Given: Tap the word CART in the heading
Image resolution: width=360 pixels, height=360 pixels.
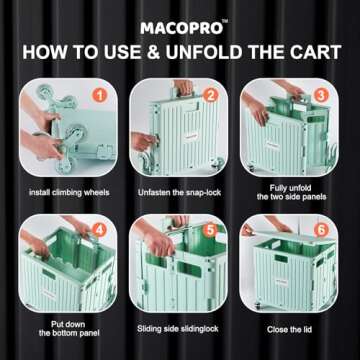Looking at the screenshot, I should (320, 52).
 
